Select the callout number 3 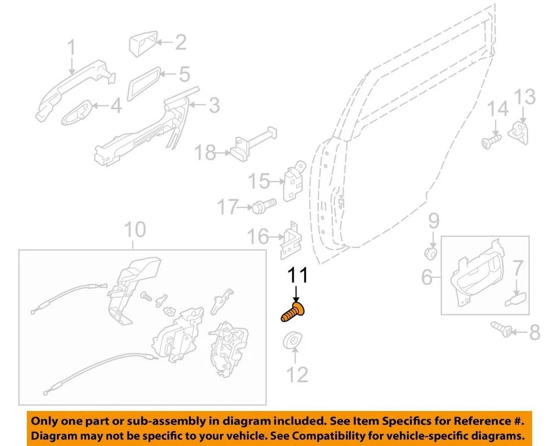[x=214, y=106]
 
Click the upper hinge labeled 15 [x=294, y=182]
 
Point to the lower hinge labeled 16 [x=289, y=240]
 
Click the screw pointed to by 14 [x=491, y=140]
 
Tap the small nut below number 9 [x=432, y=253]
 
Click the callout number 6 [x=427, y=278]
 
